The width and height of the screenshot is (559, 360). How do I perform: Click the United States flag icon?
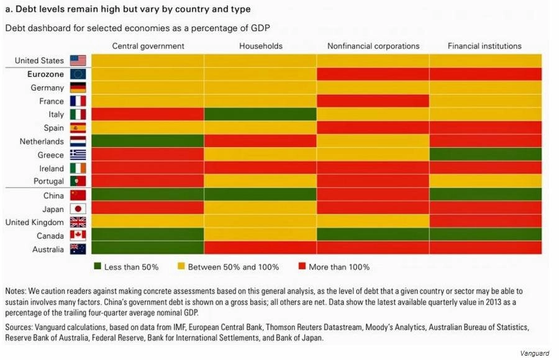click(x=78, y=60)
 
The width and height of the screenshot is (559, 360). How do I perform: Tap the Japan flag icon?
click(x=78, y=209)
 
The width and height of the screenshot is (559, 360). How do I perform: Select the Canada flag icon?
click(x=78, y=236)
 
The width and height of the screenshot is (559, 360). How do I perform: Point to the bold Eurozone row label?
click(x=45, y=74)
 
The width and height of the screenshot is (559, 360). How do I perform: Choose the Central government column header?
click(x=148, y=46)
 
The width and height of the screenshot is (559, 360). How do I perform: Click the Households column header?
click(x=260, y=46)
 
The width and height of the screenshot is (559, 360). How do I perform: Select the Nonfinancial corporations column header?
click(x=373, y=46)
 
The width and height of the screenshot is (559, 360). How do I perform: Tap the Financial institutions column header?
click(x=485, y=46)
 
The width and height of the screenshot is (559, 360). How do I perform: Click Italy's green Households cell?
click(x=260, y=114)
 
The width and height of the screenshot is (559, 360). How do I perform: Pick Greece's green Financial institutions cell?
click(x=485, y=155)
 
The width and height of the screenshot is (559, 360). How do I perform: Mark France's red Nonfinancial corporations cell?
click(x=373, y=101)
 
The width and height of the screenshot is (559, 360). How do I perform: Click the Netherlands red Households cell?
click(x=260, y=141)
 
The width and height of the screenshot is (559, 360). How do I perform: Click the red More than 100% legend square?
click(x=304, y=267)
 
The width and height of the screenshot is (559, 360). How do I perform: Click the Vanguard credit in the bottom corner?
click(x=535, y=353)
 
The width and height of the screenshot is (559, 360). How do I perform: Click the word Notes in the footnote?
click(x=16, y=291)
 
